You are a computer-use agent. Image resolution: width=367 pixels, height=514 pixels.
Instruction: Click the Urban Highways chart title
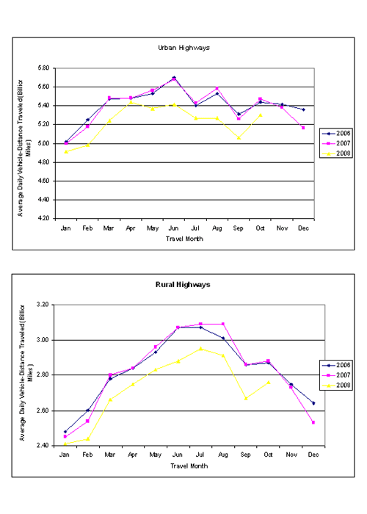tap(183, 48)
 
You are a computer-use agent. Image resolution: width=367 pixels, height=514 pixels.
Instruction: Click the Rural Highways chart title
tap(183, 285)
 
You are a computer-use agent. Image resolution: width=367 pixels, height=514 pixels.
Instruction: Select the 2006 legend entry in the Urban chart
tap(336, 134)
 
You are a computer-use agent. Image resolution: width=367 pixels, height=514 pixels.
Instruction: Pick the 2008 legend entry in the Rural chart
tap(336, 385)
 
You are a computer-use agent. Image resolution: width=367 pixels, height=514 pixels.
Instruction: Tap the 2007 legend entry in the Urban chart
tap(336, 143)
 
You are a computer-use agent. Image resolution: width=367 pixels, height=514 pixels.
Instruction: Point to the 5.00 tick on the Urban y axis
tap(43, 144)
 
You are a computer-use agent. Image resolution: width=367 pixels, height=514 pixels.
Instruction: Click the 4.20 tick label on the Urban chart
tap(43, 218)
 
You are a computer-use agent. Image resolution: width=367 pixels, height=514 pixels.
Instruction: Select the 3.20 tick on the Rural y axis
tap(43, 305)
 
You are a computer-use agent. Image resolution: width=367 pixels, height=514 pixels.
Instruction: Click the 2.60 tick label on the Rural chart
tap(43, 410)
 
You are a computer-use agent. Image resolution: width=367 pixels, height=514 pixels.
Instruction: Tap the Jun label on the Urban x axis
tap(173, 228)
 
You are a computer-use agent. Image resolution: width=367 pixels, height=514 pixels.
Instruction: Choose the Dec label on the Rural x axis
tap(313, 455)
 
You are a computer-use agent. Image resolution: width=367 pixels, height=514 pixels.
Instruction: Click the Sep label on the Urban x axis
tap(239, 228)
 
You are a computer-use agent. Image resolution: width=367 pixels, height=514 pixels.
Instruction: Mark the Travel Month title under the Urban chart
tap(184, 239)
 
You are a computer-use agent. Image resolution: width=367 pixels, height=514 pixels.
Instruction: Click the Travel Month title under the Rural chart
tap(189, 466)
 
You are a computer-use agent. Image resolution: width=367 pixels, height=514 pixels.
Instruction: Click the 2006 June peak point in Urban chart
tap(174, 78)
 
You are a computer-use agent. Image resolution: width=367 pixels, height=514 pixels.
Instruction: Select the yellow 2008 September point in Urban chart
tap(239, 138)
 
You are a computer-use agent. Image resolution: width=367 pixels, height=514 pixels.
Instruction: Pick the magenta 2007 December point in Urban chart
tap(303, 128)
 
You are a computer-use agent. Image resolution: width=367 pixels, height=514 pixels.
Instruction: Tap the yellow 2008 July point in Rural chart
tap(201, 349)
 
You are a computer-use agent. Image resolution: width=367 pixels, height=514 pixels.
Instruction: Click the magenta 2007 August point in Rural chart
tap(223, 324)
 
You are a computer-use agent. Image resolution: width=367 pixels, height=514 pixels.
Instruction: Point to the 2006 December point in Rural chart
tap(313, 403)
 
